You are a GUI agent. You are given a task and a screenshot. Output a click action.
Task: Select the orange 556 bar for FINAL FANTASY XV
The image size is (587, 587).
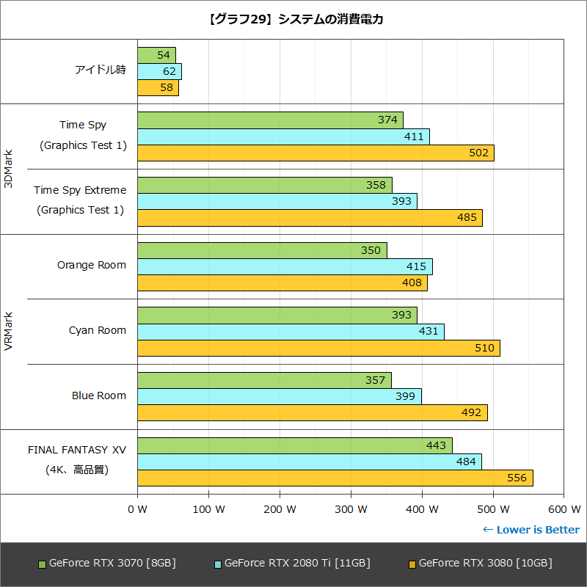[x=335, y=478]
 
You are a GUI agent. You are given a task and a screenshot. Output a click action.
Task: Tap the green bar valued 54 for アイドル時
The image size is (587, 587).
[x=156, y=55]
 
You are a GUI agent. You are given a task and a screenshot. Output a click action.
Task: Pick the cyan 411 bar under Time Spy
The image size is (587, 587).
[x=282, y=136]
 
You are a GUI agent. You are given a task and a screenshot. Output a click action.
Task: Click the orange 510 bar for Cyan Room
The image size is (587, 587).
[x=318, y=348]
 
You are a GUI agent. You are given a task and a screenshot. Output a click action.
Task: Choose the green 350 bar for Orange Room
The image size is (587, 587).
[x=261, y=250]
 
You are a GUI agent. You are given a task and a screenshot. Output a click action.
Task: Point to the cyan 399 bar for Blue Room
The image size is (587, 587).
[x=279, y=396]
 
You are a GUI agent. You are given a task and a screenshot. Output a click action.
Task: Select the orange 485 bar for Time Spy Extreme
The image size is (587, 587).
[x=309, y=217]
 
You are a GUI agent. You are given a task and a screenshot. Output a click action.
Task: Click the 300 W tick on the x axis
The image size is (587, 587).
[x=350, y=508]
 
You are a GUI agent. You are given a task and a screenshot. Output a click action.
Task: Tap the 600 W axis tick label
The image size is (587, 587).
[x=564, y=508]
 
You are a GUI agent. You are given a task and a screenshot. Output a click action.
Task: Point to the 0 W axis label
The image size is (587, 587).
[x=137, y=508]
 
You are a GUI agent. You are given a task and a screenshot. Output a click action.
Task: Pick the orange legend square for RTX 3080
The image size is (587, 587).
[x=412, y=564]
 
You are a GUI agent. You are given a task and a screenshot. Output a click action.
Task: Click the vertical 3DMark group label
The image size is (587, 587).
[x=8, y=169]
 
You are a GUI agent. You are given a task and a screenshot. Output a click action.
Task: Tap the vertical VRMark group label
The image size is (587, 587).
[x=8, y=332]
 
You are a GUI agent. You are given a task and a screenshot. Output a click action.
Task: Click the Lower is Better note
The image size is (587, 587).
[x=531, y=530]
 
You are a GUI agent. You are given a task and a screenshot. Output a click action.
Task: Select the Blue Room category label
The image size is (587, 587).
[x=99, y=395]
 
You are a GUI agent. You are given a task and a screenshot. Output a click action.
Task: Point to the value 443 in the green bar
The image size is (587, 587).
[x=436, y=445]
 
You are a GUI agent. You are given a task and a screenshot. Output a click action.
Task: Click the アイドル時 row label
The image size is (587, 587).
[x=101, y=70]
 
